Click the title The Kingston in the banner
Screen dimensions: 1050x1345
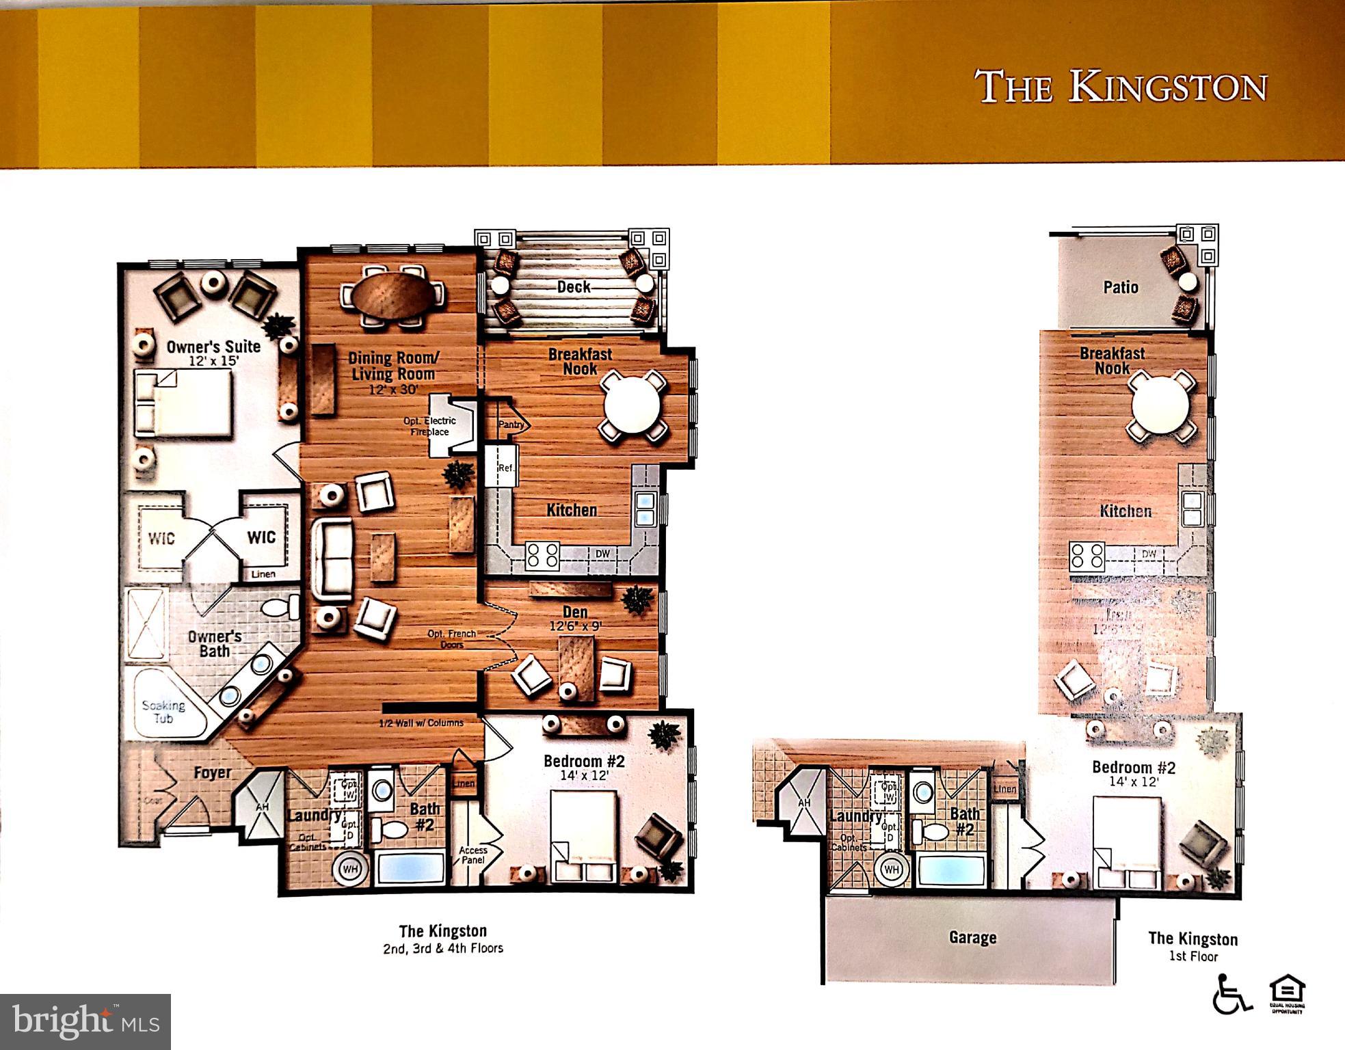[1120, 87]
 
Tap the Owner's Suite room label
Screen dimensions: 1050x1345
[213, 347]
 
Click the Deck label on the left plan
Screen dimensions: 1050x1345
[573, 287]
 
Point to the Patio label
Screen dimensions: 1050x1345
[1121, 287]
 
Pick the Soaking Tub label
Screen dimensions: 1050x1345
[163, 712]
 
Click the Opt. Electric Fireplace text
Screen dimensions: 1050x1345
[429, 426]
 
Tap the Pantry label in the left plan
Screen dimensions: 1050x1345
[511, 425]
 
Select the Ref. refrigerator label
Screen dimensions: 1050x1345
[505, 468]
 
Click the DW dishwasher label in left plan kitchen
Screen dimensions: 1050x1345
[602, 554]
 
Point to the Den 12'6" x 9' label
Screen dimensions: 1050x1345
[575, 618]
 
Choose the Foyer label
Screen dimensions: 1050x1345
[212, 773]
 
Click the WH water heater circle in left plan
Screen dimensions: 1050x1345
[350, 869]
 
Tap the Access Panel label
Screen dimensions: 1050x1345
[473, 855]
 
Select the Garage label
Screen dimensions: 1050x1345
[972, 938]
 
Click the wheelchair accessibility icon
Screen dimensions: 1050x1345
[1231, 995]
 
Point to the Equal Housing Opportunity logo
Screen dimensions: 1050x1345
[1287, 994]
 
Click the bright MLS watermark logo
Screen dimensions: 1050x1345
[85, 1021]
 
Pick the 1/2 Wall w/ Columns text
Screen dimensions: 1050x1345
[421, 723]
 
